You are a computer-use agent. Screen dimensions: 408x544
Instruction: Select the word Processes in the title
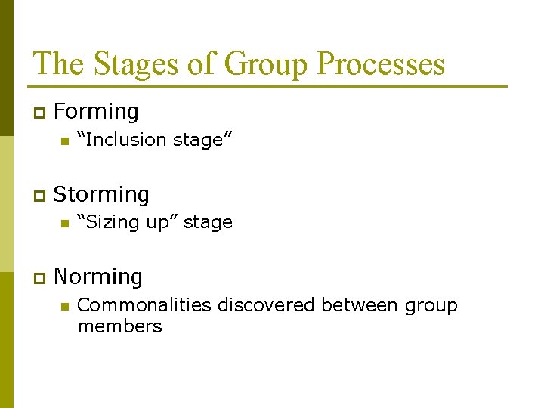[381, 64]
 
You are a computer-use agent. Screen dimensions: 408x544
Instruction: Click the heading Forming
[97, 112]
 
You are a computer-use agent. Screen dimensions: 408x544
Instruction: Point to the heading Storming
[102, 195]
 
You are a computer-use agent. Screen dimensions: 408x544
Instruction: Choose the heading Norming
[98, 277]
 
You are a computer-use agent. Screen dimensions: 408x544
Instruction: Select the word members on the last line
[119, 326]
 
